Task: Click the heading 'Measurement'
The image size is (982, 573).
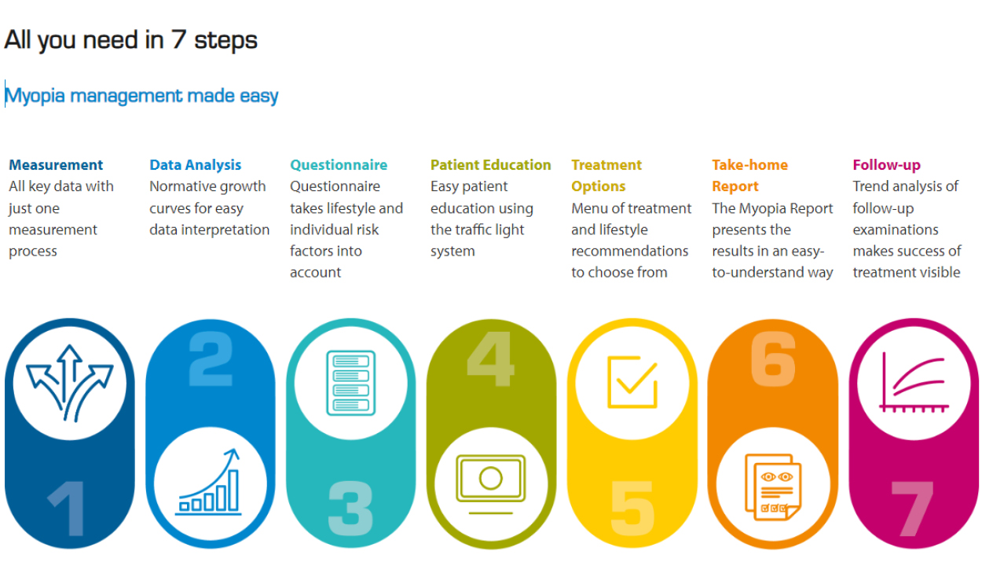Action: coord(56,165)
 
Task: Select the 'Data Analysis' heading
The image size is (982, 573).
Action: coord(195,165)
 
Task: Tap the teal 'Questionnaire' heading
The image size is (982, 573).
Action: coord(339,165)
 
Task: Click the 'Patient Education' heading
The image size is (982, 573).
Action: coord(490,165)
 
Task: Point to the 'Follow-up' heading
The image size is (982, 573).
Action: coord(886,165)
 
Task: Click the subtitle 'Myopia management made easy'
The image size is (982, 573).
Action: coord(141,96)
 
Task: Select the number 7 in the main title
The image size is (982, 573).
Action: coord(178,39)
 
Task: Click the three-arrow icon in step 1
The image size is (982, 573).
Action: coord(70,383)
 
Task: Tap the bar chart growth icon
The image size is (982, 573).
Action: coord(208,481)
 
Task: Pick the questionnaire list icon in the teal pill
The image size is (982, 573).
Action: coord(350,383)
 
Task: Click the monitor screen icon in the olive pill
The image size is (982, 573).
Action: coord(490,483)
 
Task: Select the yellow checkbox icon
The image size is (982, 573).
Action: coord(632,382)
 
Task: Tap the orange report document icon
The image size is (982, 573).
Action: coord(773,487)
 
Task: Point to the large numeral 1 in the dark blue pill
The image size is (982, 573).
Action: coord(67,509)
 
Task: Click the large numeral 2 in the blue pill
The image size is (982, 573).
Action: coord(211,358)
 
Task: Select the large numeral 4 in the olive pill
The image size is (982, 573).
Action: coord(490,358)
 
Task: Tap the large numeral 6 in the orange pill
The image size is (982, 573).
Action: coord(773,358)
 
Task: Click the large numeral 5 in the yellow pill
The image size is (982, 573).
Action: coord(632,509)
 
